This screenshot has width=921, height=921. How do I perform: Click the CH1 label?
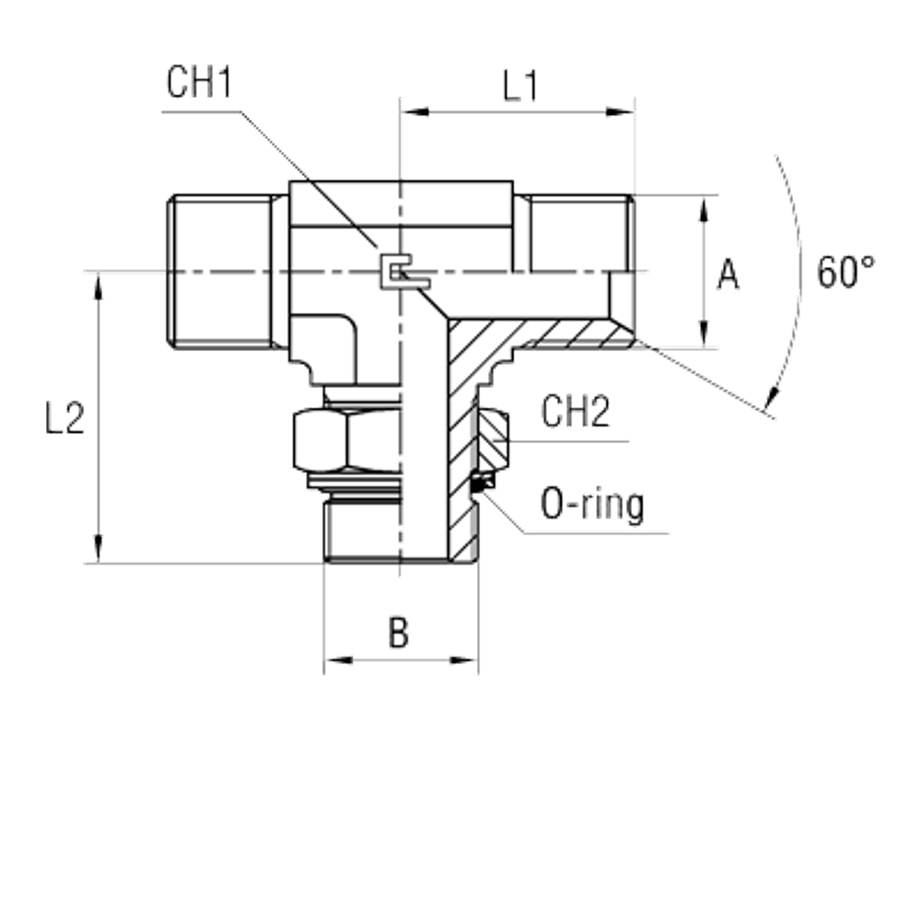[x=199, y=85]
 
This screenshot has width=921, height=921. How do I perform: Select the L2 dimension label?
[x=65, y=420]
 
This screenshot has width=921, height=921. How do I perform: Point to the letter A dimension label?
[x=728, y=274]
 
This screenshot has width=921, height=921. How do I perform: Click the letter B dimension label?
[x=398, y=633]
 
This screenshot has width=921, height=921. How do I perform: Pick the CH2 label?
[x=576, y=414]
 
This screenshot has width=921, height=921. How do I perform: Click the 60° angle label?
[x=845, y=273]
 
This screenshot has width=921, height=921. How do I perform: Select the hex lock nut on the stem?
[x=344, y=438]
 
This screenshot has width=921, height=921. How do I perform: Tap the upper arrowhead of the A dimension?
[x=705, y=210]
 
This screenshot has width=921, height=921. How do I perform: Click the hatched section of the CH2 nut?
[x=492, y=439]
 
